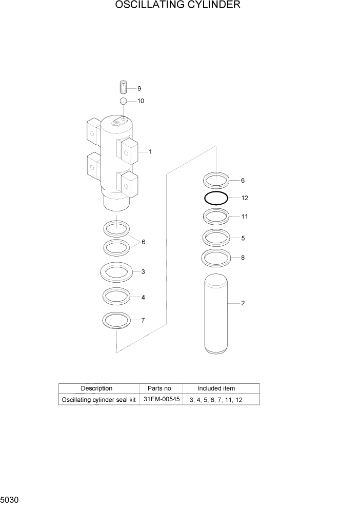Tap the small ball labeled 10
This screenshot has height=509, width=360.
124,101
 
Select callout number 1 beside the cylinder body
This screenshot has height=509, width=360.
150,152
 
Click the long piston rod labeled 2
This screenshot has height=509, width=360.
215,313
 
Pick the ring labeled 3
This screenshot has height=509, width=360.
116,271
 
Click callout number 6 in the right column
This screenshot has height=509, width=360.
243,181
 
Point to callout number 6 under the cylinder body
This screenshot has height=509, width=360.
143,242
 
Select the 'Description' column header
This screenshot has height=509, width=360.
96,388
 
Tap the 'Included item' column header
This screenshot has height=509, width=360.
216,388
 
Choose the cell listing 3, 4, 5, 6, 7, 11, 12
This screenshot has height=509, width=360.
215,400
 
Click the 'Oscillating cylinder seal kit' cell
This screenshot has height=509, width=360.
98,400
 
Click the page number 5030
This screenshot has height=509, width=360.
10,499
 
